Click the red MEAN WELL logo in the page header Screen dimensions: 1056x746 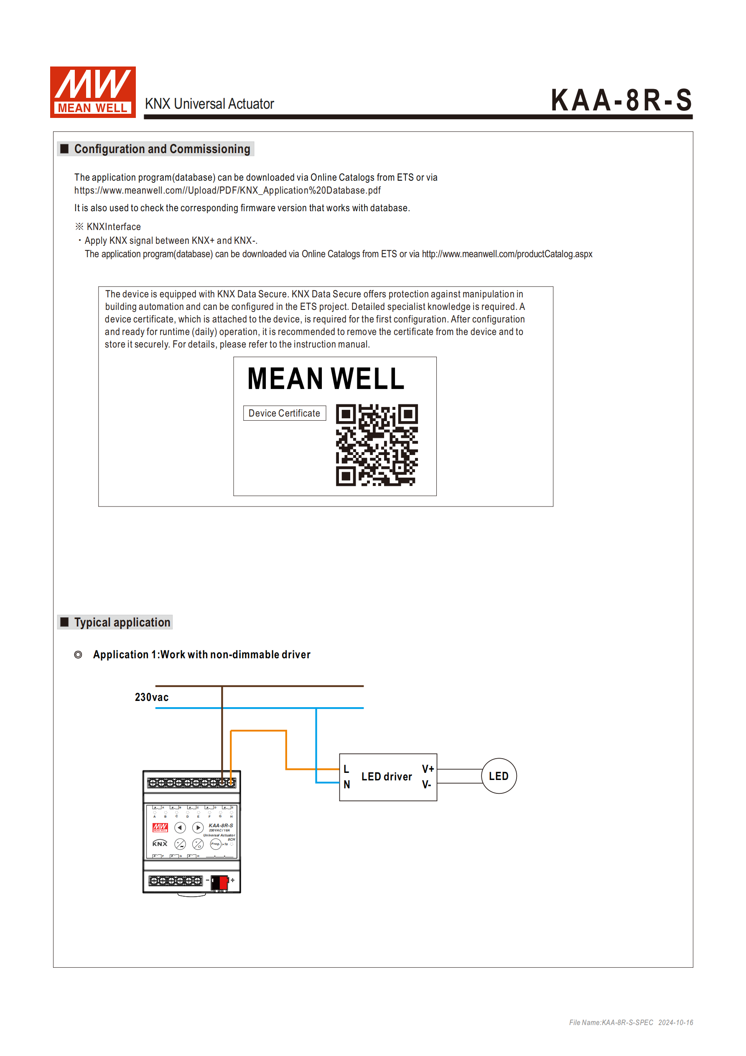93,92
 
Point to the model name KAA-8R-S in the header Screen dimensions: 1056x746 621,100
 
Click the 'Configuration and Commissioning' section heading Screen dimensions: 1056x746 162,149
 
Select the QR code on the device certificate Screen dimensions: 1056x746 377,445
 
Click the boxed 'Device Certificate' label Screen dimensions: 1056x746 284,413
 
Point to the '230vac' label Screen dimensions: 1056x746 151,697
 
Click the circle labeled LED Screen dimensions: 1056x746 499,776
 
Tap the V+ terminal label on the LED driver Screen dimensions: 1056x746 428,769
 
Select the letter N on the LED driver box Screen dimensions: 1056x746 346,785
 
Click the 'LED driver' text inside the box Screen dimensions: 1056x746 387,777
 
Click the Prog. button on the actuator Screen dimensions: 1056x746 215,844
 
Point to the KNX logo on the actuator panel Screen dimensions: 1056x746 160,844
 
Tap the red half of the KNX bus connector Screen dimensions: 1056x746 224,882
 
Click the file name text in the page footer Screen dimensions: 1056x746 611,1023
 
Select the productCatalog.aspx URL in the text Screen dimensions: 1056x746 507,254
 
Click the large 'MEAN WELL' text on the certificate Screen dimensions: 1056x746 326,379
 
